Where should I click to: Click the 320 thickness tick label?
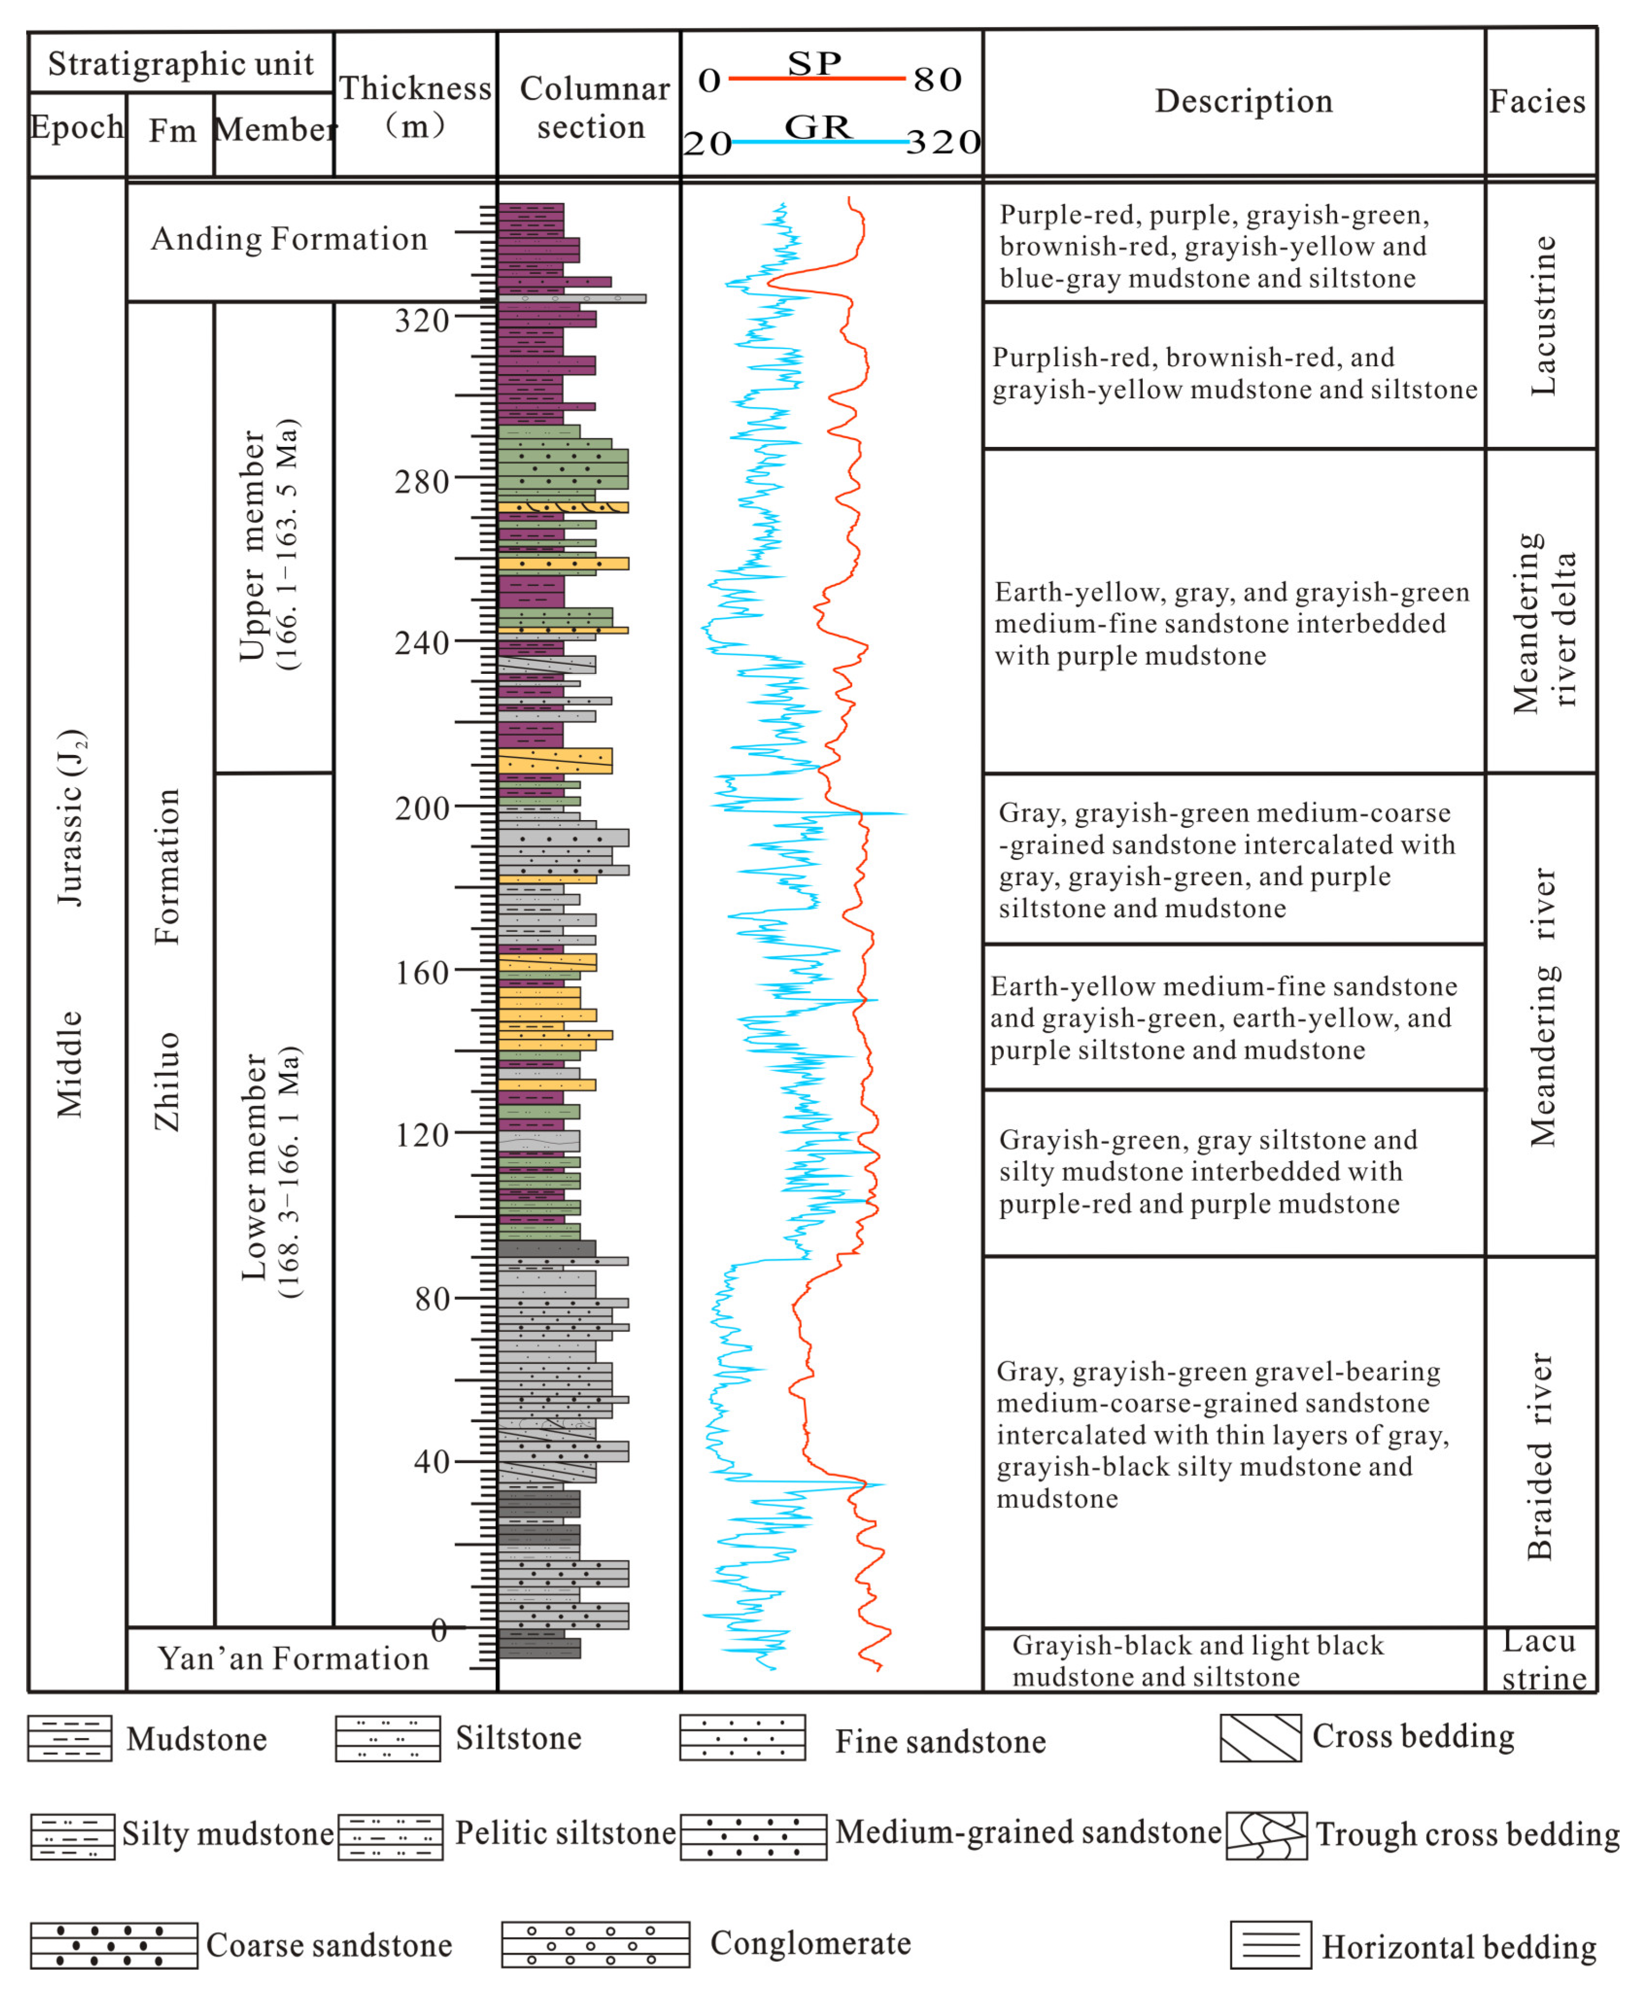point(422,320)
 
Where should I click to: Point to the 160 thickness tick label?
point(422,972)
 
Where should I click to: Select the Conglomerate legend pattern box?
point(595,1944)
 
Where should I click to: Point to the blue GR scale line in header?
point(820,142)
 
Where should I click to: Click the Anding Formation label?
point(289,239)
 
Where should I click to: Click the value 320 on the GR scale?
point(943,142)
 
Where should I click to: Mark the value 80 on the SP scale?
point(937,80)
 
